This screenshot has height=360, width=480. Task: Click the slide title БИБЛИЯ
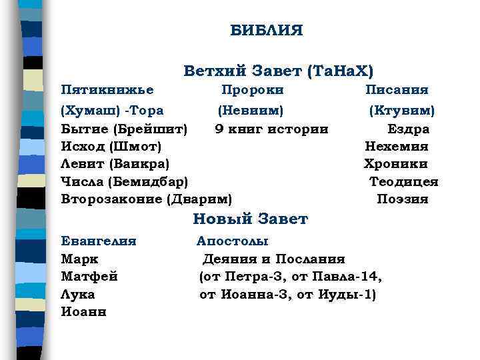coord(267,31)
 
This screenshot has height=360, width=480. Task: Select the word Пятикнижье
coord(107,89)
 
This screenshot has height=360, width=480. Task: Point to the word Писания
coord(397,89)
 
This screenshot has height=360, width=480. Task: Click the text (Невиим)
coord(251,109)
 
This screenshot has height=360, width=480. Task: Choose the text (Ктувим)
coord(402,109)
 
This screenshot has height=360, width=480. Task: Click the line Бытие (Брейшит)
coord(124,128)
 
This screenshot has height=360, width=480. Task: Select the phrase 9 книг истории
coord(271,128)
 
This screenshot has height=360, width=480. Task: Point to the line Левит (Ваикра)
coord(115,163)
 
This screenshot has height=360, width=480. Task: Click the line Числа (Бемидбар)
coord(124,181)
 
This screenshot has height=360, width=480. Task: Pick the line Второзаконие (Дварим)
coord(147,199)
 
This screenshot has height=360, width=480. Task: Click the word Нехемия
coord(397,146)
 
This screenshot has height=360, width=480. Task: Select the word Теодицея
coord(404,181)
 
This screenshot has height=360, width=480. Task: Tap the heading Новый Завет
coord(250,219)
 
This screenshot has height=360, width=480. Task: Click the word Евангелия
coord(99,241)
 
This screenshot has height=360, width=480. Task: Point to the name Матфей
coord(89,276)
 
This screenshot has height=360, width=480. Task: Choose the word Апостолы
coord(233,241)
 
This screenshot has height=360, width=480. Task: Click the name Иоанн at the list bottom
coord(83,311)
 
